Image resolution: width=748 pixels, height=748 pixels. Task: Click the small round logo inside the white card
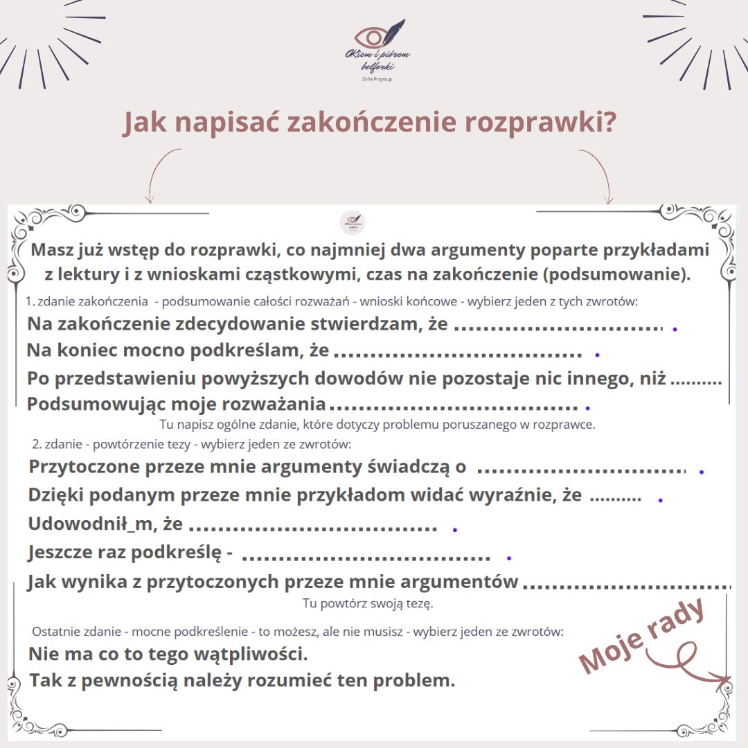[x=353, y=223]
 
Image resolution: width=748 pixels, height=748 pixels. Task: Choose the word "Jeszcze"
[x=63, y=553]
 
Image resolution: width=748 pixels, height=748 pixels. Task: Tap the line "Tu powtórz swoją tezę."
[x=368, y=604]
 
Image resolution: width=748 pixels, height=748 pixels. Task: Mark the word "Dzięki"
[x=57, y=495]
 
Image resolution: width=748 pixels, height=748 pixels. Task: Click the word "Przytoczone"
[x=83, y=467]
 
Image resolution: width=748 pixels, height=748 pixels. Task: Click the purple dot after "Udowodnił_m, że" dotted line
[x=455, y=530]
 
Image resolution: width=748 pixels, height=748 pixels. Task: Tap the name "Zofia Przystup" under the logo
[x=377, y=79]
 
